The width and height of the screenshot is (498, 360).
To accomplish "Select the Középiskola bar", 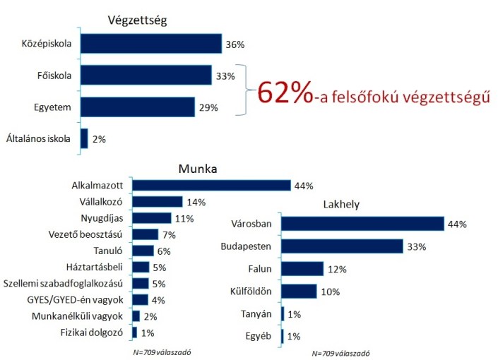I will pyautogui.click(x=150, y=44).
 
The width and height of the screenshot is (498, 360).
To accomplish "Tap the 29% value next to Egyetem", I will pyautogui.click(x=208, y=107).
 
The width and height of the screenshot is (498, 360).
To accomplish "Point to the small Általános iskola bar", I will pyautogui.click(x=84, y=138).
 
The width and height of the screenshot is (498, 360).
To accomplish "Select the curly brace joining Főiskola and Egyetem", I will pyautogui.click(x=247, y=92).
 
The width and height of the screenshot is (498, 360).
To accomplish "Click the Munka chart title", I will pyautogui.click(x=197, y=170).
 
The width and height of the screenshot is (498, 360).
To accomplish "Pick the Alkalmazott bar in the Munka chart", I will pyautogui.click(x=211, y=186).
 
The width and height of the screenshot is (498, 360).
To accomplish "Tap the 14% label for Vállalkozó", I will pyautogui.click(x=196, y=203).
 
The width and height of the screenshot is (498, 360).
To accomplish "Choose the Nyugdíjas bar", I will pyautogui.click(x=151, y=218).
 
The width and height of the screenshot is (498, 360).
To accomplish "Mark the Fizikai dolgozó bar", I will pyautogui.click(x=134, y=332).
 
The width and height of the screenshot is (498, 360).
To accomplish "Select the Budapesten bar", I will pyautogui.click(x=342, y=246).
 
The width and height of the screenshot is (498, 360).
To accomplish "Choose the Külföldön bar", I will pyautogui.click(x=299, y=291).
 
